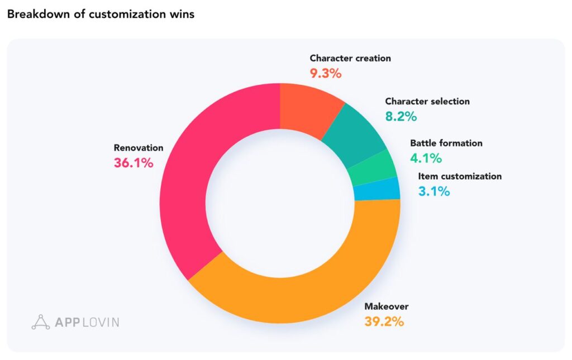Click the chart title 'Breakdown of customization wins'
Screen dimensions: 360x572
101,15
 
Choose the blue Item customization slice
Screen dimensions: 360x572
377,189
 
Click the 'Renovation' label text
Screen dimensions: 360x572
139,148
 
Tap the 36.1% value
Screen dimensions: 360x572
134,164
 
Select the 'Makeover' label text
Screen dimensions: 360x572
387,306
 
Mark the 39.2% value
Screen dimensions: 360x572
384,322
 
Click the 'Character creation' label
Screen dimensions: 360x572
350,58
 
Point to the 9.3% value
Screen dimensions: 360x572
326,73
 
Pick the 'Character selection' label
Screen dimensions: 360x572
427,102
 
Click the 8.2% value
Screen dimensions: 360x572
401,117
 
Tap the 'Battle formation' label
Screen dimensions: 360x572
446,143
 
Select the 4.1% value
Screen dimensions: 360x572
426,158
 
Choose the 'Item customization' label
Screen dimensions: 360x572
460,176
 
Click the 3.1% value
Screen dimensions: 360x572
434,191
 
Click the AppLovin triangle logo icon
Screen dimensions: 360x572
41,322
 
